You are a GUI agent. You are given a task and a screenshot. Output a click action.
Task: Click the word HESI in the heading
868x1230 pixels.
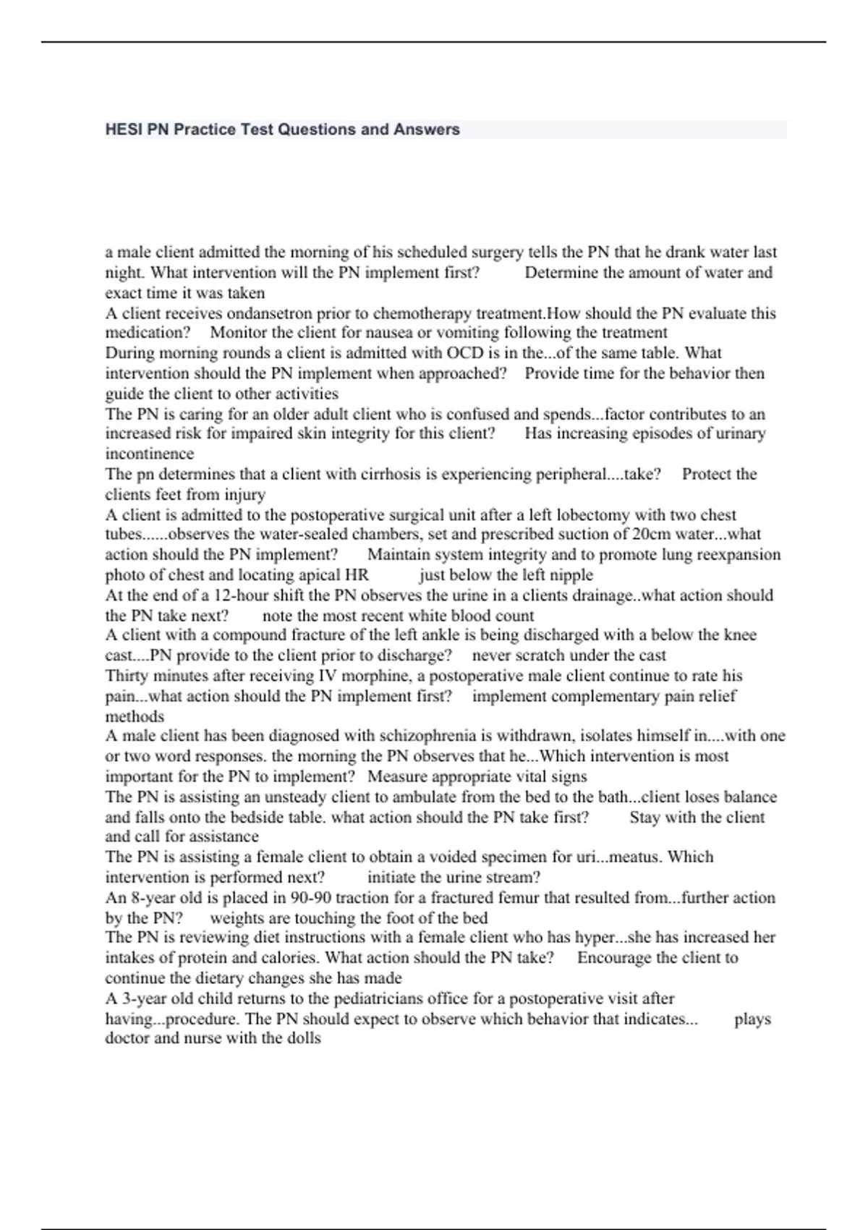pos(124,130)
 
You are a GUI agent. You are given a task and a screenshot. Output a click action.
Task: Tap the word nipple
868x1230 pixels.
pos(571,575)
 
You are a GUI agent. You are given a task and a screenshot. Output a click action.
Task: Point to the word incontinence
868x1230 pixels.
pos(150,454)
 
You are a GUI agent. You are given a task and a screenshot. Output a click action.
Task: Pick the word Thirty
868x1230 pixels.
pos(127,676)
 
